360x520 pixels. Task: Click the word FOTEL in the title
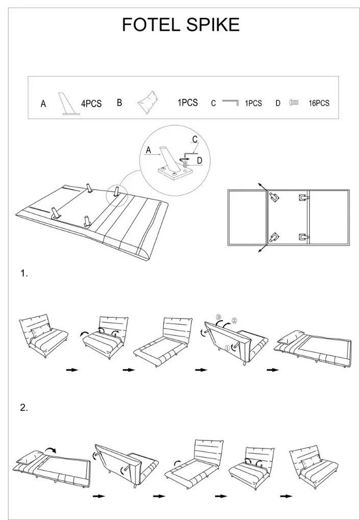tap(147, 24)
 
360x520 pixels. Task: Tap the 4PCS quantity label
tap(91, 103)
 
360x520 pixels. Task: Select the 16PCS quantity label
tap(319, 103)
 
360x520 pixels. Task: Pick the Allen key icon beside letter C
tap(230, 102)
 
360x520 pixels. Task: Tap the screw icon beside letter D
tap(293, 102)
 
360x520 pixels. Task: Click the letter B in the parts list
tap(119, 102)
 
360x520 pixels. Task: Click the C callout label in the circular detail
tap(195, 139)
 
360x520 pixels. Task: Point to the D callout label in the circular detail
tap(199, 161)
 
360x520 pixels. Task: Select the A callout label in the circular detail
tap(148, 150)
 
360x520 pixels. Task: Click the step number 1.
tap(23, 274)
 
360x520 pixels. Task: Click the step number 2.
tap(23, 407)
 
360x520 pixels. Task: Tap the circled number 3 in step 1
tap(218, 317)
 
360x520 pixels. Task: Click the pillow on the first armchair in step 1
tap(39, 332)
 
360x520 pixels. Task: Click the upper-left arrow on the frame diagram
tap(261, 185)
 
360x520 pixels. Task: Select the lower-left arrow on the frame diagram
tap(261, 249)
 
